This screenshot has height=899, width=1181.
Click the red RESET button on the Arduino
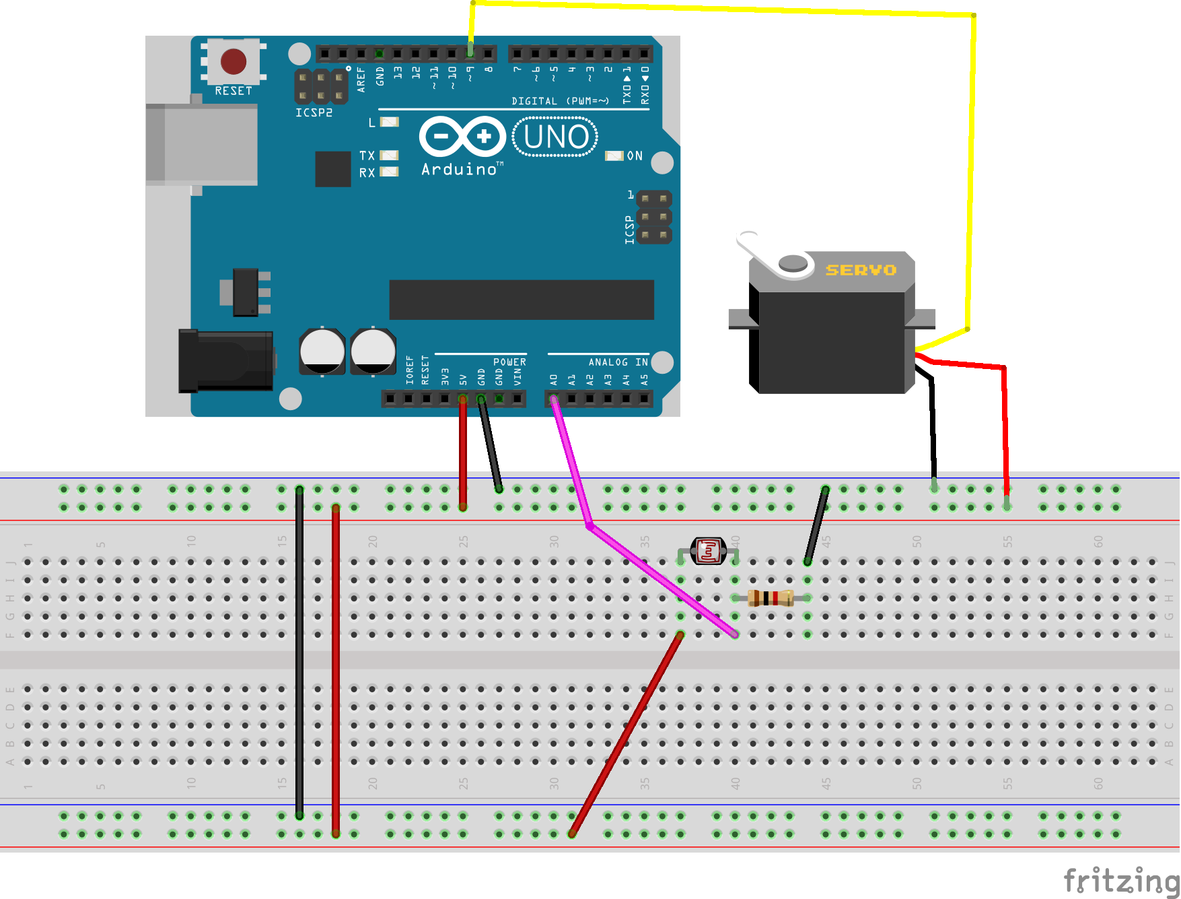click(x=234, y=61)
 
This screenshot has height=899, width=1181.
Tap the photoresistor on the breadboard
click(x=709, y=550)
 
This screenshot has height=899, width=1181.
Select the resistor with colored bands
click(x=771, y=598)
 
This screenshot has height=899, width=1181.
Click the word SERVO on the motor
click(x=861, y=270)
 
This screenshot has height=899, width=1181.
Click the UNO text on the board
click(x=556, y=137)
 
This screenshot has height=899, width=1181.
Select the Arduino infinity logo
click(x=462, y=137)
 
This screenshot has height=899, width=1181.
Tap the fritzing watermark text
click(x=1120, y=879)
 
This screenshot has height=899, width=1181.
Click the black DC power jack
click(x=225, y=361)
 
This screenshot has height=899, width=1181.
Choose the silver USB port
click(x=202, y=144)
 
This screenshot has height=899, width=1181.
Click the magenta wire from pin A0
click(x=571, y=465)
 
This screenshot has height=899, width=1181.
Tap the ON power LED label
click(x=635, y=156)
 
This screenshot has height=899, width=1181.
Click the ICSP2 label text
click(x=314, y=112)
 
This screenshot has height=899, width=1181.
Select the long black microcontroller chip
click(x=522, y=300)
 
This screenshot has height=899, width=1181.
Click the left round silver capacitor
click(x=322, y=351)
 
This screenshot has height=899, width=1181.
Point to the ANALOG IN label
click(x=617, y=362)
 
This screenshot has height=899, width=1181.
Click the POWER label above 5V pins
click(x=509, y=362)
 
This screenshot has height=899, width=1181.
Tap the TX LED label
click(x=367, y=156)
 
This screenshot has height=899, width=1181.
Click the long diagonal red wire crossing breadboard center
click(x=626, y=734)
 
